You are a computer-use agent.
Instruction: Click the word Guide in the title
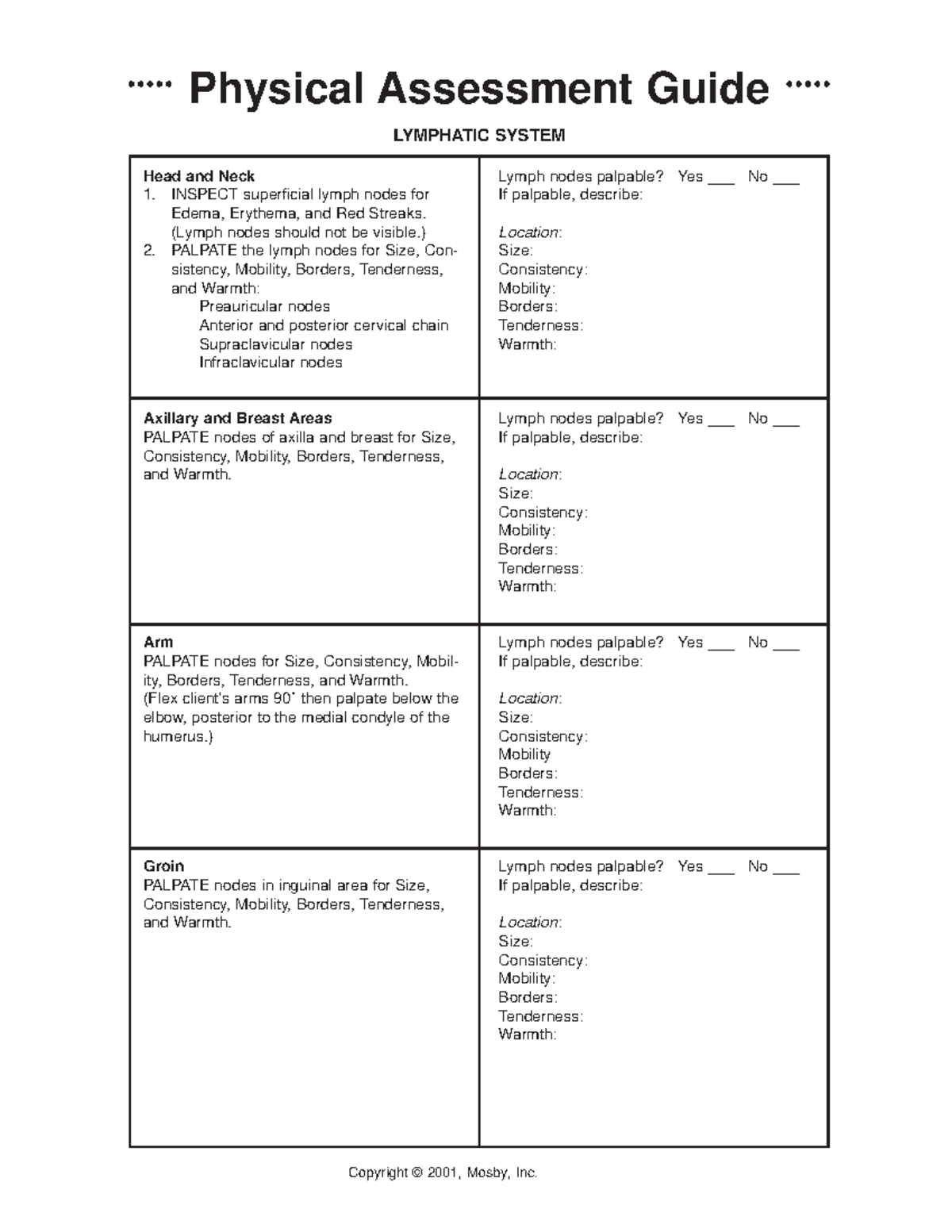coord(708,89)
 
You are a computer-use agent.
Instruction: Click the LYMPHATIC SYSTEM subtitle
coord(479,136)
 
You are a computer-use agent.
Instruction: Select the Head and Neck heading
coord(198,176)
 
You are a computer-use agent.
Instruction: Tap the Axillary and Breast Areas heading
coord(237,418)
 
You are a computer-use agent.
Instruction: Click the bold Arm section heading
coord(158,642)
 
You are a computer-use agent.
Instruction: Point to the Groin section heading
coord(163,866)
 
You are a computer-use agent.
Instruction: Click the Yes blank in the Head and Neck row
coord(721,181)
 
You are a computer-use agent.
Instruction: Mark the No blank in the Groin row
coord(785,871)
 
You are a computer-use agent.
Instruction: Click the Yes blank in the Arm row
coord(721,647)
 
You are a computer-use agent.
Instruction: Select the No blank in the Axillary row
coord(785,423)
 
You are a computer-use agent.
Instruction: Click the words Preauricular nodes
coord(264,306)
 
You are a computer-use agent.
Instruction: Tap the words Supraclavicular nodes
coord(275,344)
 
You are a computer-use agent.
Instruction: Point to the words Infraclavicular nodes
coord(271,363)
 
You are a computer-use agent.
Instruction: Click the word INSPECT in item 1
coord(204,194)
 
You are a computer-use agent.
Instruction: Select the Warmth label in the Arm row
coord(526,810)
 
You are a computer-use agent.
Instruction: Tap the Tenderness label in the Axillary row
coord(539,568)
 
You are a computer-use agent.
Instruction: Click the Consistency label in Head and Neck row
coord(542,270)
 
